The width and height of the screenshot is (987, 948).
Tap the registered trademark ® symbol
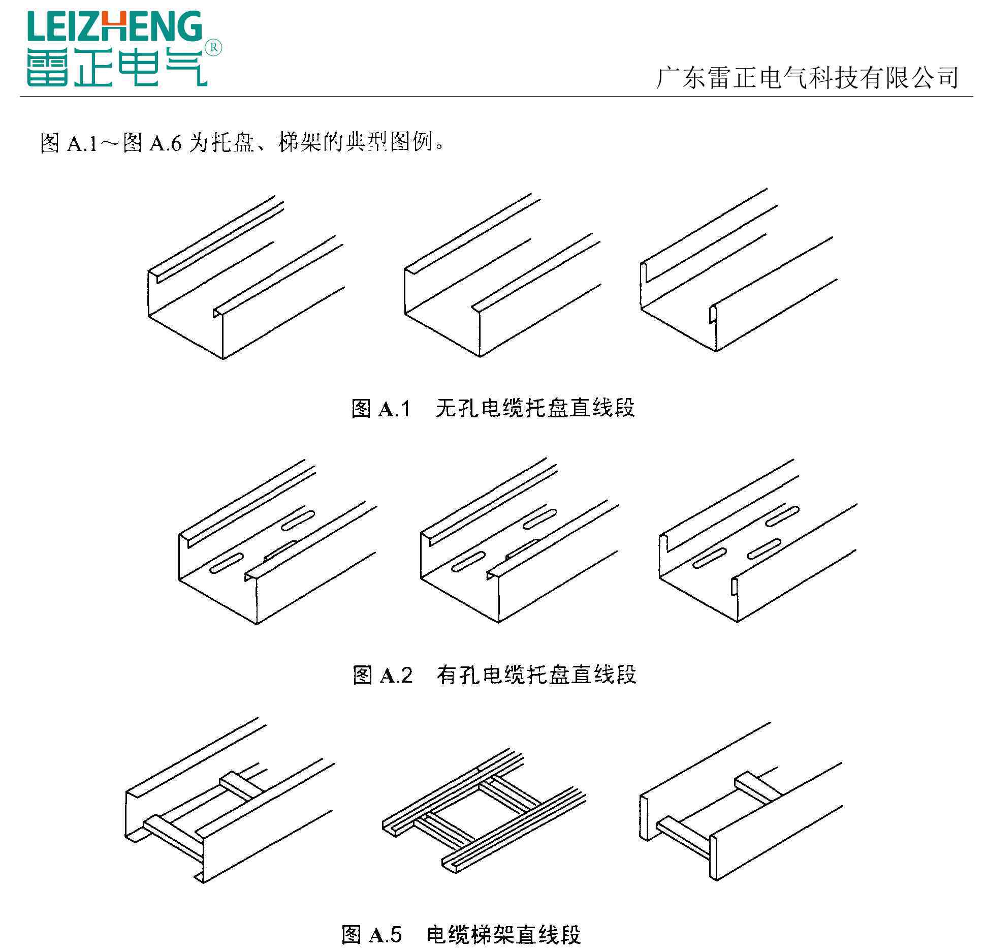click(x=213, y=48)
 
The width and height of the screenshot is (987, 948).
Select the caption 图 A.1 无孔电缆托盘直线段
click(x=493, y=408)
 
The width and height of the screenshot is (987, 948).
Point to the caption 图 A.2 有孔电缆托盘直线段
click(x=495, y=675)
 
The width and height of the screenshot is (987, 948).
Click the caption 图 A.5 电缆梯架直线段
click(x=461, y=934)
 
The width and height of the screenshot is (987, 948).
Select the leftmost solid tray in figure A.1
click(x=246, y=277)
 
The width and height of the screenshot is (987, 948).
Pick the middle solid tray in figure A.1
click(x=503, y=275)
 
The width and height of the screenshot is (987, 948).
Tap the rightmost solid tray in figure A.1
click(x=739, y=270)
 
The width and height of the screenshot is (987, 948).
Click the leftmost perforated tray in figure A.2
click(x=278, y=542)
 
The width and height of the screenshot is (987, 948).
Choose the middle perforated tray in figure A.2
click(x=520, y=540)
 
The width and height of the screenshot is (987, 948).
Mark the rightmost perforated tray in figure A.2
click(x=758, y=541)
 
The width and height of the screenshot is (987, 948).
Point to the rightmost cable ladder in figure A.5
click(x=741, y=801)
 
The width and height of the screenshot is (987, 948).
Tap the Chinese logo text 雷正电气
click(x=117, y=66)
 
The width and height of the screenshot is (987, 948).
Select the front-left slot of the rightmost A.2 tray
click(x=710, y=558)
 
